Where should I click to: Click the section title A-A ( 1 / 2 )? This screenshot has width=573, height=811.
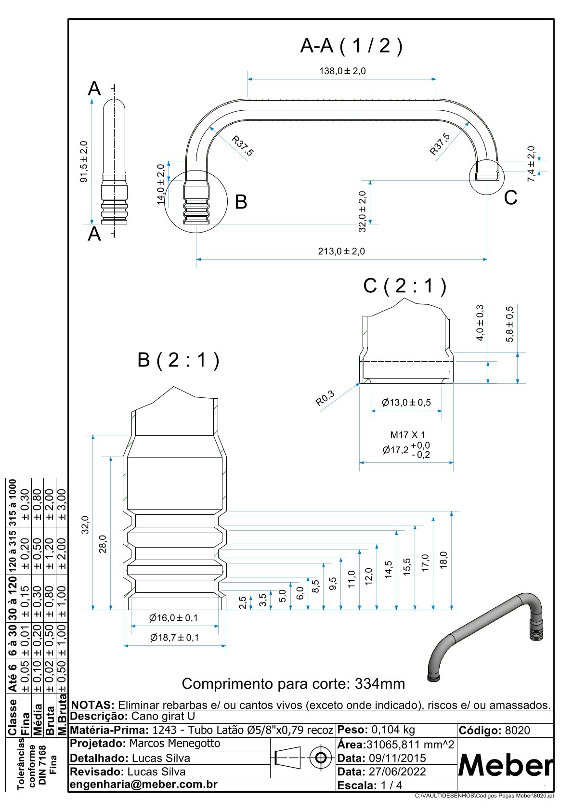pos(351,46)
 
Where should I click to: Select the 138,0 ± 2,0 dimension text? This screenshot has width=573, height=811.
pos(342,71)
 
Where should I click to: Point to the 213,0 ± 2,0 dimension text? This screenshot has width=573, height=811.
pos(341,251)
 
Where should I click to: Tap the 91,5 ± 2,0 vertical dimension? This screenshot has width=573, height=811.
pos(84,161)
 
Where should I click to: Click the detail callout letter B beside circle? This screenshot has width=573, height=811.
pos(241,202)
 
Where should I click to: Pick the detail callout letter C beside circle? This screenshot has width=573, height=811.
pos(510,198)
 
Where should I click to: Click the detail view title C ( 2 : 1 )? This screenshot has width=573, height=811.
pos(404,286)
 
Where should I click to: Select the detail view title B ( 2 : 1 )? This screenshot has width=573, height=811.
pos(178,360)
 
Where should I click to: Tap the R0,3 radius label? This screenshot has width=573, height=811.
pos(325,398)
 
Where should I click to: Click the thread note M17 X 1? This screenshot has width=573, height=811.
pos(408,435)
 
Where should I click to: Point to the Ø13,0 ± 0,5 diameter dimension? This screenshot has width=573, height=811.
pos(406,403)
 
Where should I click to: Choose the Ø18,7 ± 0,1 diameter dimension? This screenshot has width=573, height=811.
pos(174,638)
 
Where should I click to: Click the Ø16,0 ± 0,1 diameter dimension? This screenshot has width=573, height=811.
pos(173,618)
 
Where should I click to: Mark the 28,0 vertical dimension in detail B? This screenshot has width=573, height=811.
pos(103,544)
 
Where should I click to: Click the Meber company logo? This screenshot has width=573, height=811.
pos(505,764)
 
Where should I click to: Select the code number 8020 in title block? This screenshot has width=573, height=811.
pos(517,731)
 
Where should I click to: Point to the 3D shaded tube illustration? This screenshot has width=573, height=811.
pos(486,636)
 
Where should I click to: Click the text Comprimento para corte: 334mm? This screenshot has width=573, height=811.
pos(293,684)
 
